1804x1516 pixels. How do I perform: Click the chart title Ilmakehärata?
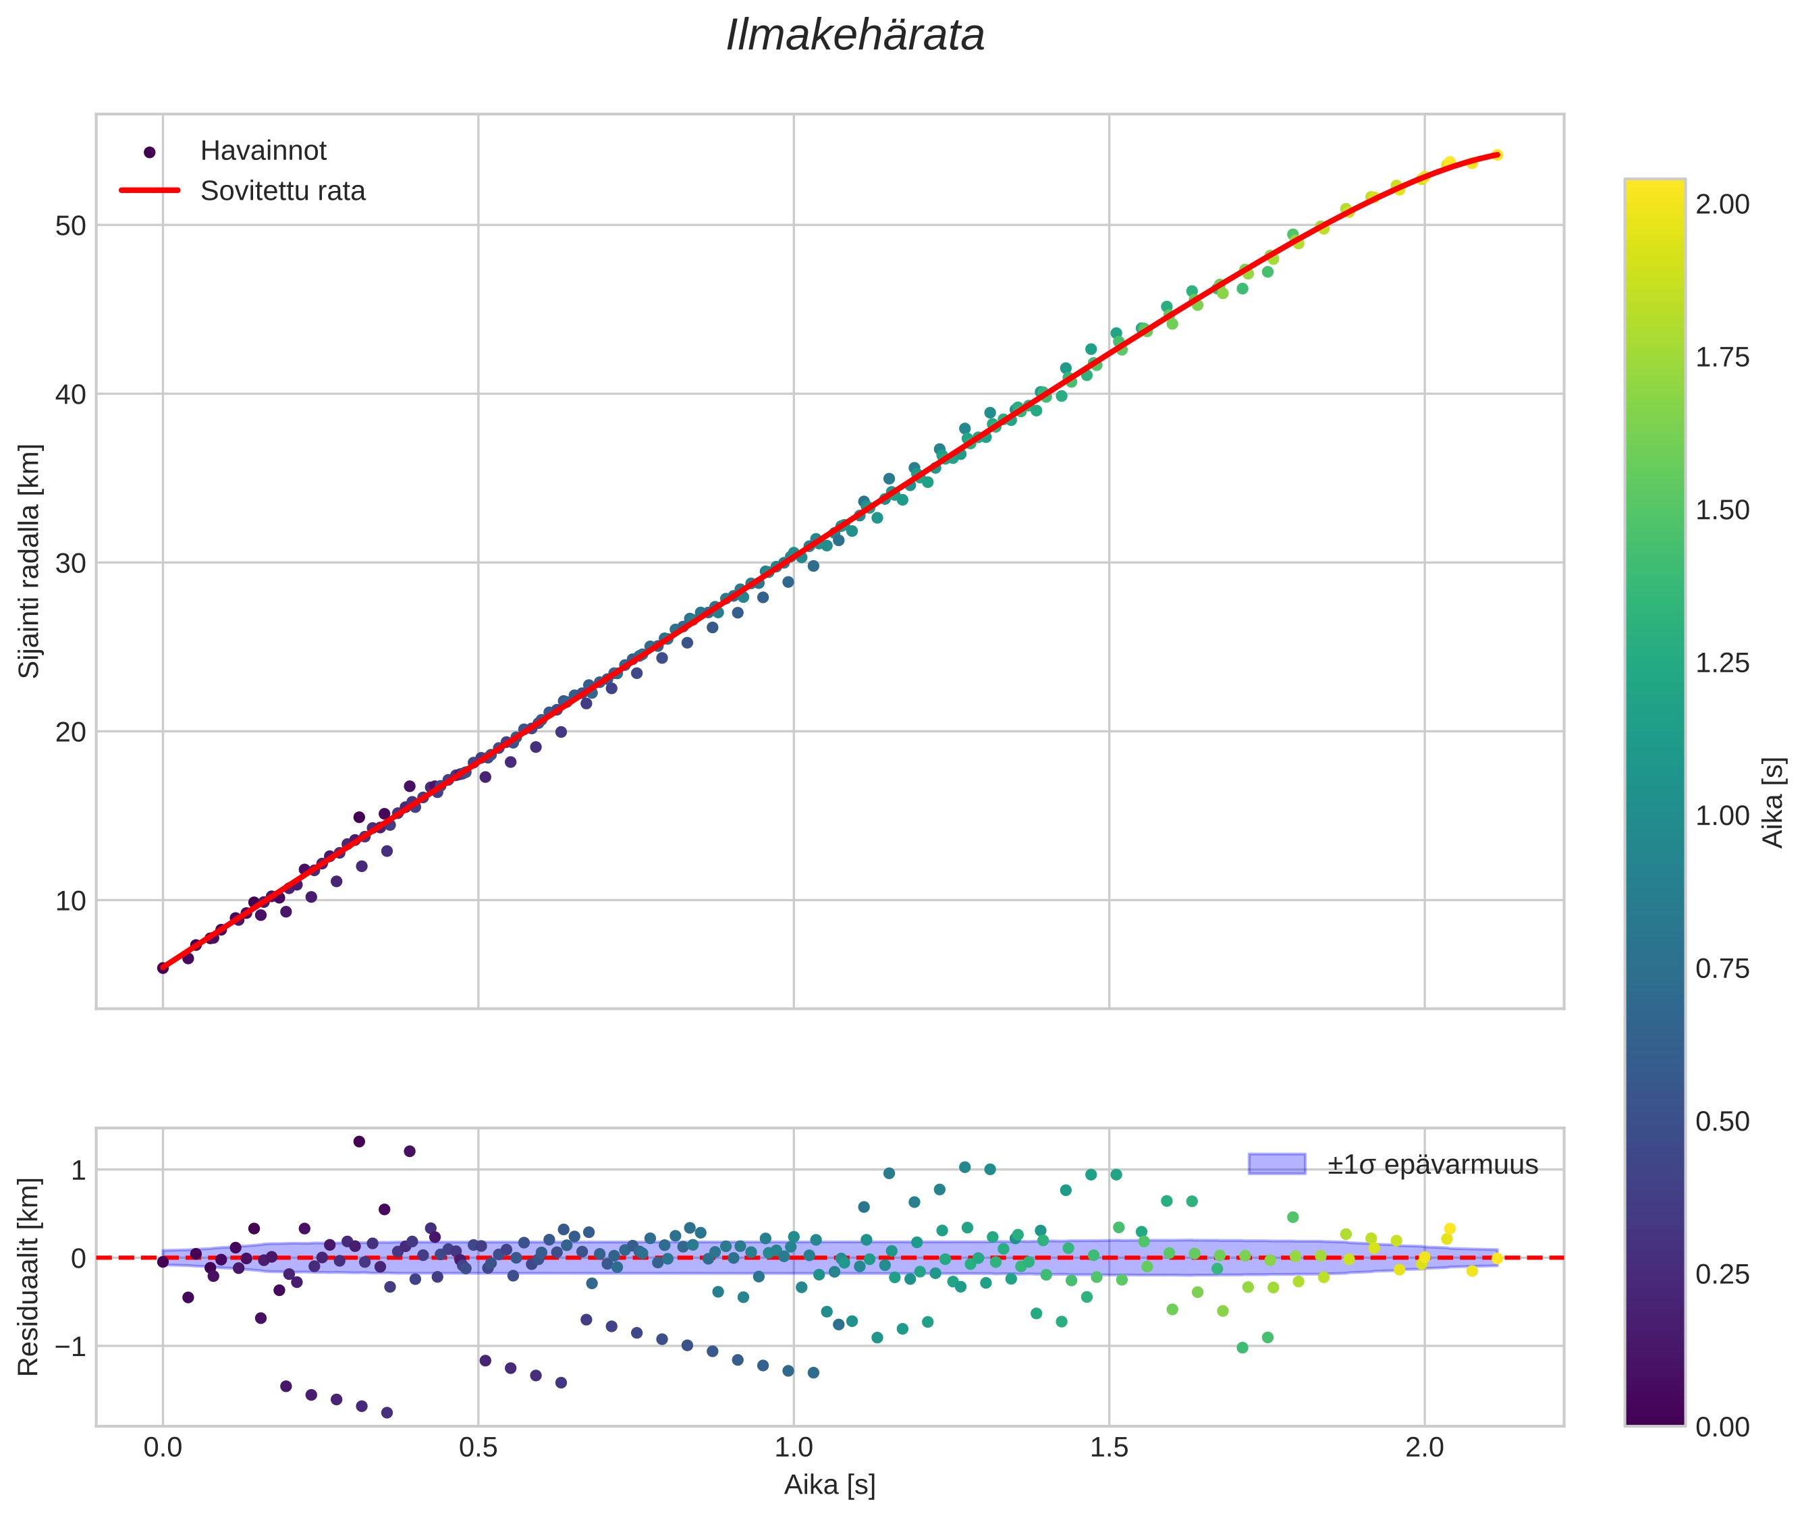pyautogui.click(x=854, y=36)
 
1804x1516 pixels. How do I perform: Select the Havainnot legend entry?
pyautogui.click(x=263, y=151)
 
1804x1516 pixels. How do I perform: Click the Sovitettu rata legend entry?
pyautogui.click(x=283, y=191)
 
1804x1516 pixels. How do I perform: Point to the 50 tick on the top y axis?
pyautogui.click(x=72, y=226)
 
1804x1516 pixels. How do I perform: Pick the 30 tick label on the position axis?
pyautogui.click(x=72, y=564)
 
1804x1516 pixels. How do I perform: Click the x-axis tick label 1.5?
pyautogui.click(x=1109, y=1448)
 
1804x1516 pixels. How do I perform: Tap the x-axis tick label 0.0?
pyautogui.click(x=163, y=1448)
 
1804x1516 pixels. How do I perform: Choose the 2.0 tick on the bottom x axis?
pyautogui.click(x=1424, y=1448)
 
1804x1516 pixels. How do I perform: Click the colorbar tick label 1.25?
pyautogui.click(x=1722, y=664)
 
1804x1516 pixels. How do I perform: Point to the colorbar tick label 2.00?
pyautogui.click(x=1722, y=205)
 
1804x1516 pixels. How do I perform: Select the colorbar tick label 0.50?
pyautogui.click(x=1722, y=1122)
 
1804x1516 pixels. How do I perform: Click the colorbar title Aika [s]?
pyautogui.click(x=1773, y=802)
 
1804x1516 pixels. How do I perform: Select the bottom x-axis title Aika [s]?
pyautogui.click(x=829, y=1485)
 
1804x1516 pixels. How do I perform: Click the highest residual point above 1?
pyautogui.click(x=359, y=1141)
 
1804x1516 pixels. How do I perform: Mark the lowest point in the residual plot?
pyautogui.click(x=387, y=1413)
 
